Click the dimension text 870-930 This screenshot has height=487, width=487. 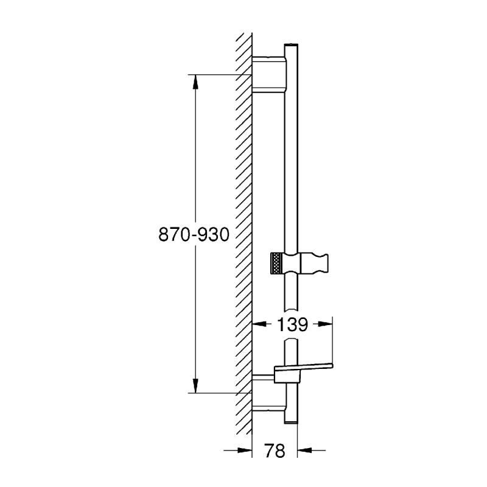[x=193, y=234]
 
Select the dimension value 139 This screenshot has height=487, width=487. [x=293, y=324]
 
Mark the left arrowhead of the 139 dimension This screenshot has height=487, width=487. [x=258, y=324]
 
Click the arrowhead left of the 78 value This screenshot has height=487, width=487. [x=247, y=450]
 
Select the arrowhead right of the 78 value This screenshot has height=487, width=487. [x=303, y=450]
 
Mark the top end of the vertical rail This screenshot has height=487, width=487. [x=290, y=46]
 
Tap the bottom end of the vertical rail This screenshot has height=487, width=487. [x=290, y=421]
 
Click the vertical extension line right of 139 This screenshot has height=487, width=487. [x=334, y=341]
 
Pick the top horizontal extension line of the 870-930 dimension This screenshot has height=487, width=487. [x=219, y=75]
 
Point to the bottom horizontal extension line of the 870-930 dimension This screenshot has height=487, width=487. [x=219, y=393]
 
